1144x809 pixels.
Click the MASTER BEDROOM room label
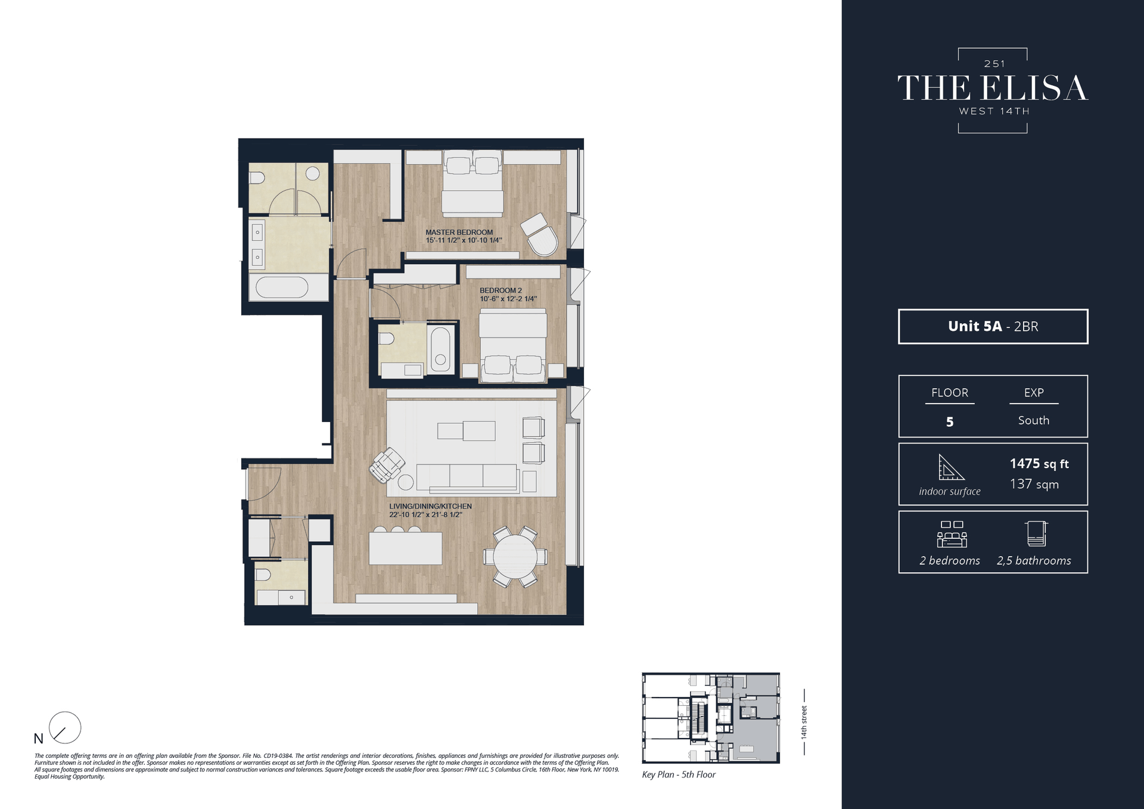(x=459, y=233)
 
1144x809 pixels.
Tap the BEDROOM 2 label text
(x=500, y=290)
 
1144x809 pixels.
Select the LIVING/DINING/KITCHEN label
(x=430, y=506)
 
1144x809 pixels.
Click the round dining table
(x=515, y=556)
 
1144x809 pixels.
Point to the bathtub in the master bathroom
(x=282, y=287)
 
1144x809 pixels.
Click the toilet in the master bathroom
(x=257, y=178)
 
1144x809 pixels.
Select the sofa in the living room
(x=467, y=477)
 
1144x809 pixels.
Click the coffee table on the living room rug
(x=466, y=430)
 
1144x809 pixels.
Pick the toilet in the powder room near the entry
(x=262, y=575)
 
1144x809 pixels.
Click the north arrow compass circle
(x=64, y=727)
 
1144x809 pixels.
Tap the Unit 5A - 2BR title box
(x=993, y=326)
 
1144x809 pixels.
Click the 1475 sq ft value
(x=1039, y=464)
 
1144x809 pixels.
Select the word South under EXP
(x=1033, y=420)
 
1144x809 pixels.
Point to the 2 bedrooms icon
(x=952, y=534)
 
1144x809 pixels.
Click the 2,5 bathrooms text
(x=1034, y=560)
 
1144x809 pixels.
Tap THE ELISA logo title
(x=993, y=88)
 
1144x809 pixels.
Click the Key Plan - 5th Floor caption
(x=679, y=774)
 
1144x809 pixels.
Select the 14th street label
(x=804, y=723)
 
